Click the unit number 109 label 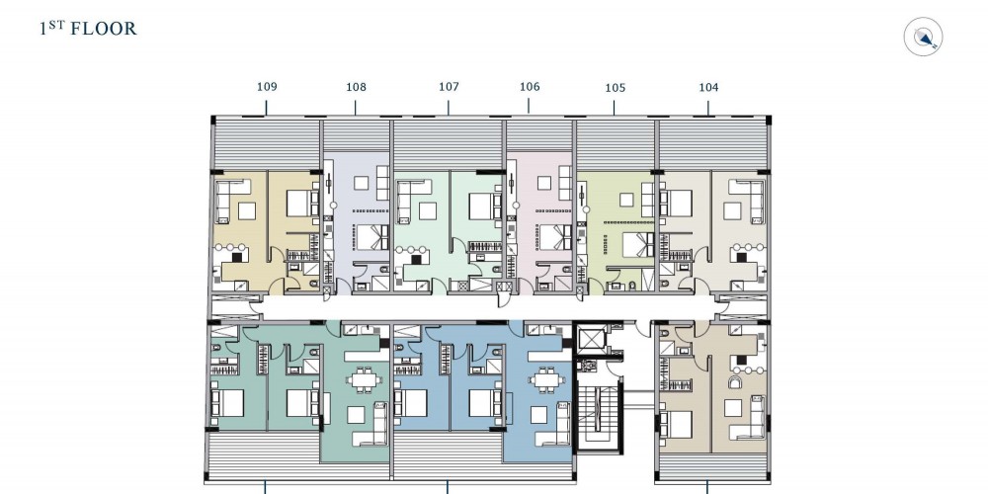[267, 86]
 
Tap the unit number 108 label [356, 87]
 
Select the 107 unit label [449, 86]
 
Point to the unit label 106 [530, 87]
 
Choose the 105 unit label [615, 88]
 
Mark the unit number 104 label [708, 87]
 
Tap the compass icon [923, 38]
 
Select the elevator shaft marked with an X [592, 339]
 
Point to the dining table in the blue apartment [543, 380]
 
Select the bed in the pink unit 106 [554, 237]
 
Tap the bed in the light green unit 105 [639, 244]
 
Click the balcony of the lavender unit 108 [356, 134]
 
